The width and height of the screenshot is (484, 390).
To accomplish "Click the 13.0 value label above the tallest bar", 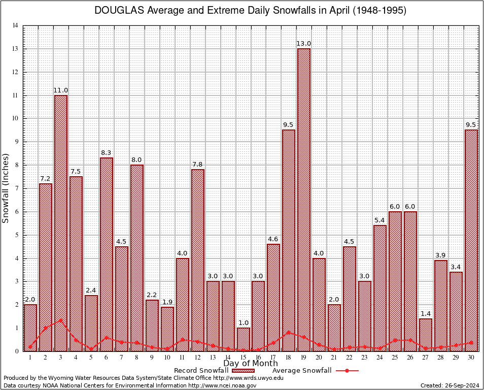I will [304, 44].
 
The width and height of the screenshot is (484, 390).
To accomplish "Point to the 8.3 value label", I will [107, 153].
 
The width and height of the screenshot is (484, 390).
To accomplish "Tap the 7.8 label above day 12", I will [198, 165].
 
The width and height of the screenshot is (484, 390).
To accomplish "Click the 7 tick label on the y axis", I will [17, 188].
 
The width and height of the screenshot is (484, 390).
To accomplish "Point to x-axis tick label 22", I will [350, 357].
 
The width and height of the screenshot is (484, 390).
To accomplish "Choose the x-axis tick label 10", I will [167, 357].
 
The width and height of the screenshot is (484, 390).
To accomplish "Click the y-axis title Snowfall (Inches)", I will [6, 188].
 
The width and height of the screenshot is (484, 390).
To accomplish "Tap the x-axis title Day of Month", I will [250, 364].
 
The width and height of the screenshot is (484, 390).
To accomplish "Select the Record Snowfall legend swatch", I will [242, 371].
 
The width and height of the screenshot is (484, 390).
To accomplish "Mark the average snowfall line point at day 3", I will [61, 320].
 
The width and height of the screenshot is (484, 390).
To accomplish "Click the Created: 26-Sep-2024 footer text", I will [450, 386].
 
